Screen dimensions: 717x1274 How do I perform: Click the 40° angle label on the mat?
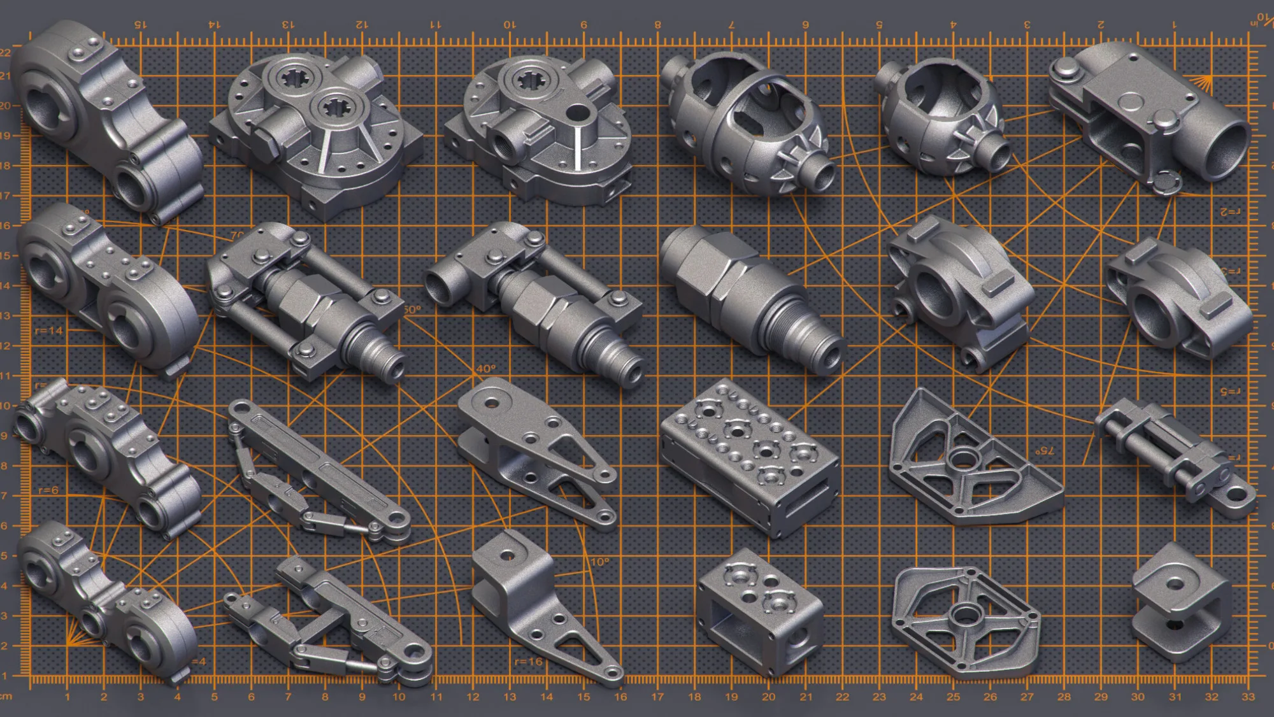click(x=485, y=369)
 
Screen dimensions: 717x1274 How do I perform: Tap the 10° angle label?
click(x=599, y=562)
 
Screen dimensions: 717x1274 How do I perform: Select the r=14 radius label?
click(x=48, y=330)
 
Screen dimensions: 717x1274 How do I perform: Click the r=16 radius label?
click(x=528, y=662)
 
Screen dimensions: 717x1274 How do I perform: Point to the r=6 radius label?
click(x=48, y=490)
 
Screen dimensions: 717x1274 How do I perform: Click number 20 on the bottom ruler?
click(x=768, y=697)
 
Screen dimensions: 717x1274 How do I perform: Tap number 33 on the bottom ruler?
click(x=1248, y=697)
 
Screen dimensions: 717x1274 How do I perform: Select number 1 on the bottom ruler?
click(x=67, y=697)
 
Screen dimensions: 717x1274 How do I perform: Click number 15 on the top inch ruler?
click(x=140, y=24)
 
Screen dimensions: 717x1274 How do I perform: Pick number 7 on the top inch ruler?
click(x=731, y=24)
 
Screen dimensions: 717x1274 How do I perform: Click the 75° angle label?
click(x=1044, y=450)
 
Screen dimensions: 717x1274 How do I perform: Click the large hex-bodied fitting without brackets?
click(x=745, y=293)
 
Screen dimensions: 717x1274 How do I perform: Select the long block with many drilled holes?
click(x=748, y=455)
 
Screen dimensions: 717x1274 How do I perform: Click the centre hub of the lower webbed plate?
click(x=964, y=614)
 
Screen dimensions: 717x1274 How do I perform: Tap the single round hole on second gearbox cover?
click(x=577, y=113)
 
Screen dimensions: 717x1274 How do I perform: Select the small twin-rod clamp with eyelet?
click(x=1172, y=455)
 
